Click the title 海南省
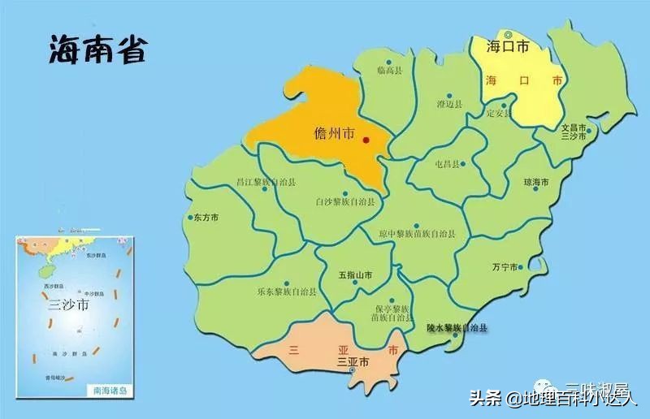click(97, 50)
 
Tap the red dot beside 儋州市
click(366, 141)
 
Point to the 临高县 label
click(390, 71)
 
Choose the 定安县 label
click(498, 113)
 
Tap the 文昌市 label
click(574, 127)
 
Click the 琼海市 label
click(536, 182)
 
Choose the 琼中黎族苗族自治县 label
click(417, 234)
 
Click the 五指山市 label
click(355, 275)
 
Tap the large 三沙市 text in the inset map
click(67, 305)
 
